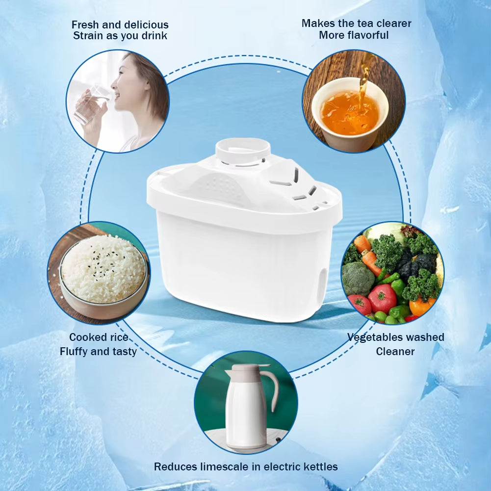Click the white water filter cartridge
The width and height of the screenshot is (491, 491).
(244, 245)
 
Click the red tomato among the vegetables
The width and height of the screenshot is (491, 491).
(382, 298)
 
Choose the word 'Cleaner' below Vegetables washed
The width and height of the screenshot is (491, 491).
(395, 351)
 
